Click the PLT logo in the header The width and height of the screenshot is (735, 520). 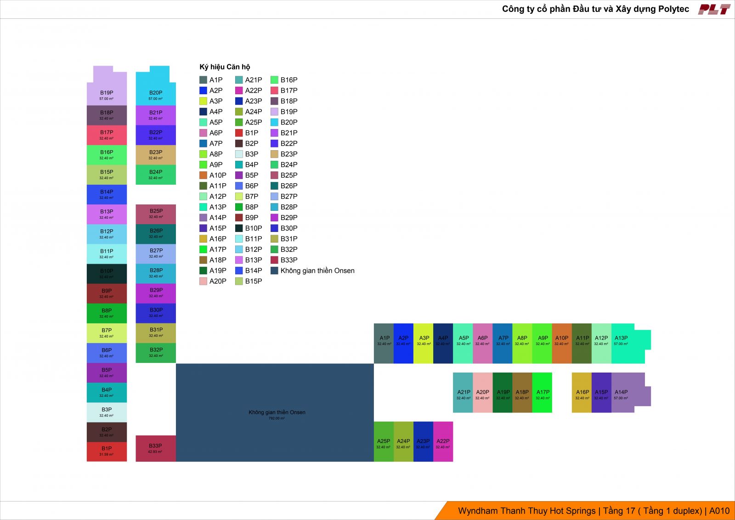click(714, 9)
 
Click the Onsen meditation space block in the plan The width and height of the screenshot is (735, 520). click(275, 413)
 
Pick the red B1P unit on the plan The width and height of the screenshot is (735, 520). click(107, 452)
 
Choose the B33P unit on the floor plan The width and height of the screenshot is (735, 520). click(156, 448)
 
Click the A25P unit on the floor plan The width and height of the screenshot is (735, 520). click(384, 441)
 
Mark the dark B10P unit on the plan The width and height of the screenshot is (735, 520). click(107, 274)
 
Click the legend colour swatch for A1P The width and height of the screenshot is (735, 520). click(203, 80)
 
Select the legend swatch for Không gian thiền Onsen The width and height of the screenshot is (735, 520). click(274, 271)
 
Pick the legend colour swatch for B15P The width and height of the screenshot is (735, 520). click(239, 281)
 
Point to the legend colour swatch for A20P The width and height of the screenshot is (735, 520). click(203, 281)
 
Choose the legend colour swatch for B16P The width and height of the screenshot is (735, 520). click(274, 80)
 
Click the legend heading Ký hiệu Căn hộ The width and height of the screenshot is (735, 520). click(225, 67)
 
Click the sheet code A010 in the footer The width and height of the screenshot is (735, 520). click(719, 511)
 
